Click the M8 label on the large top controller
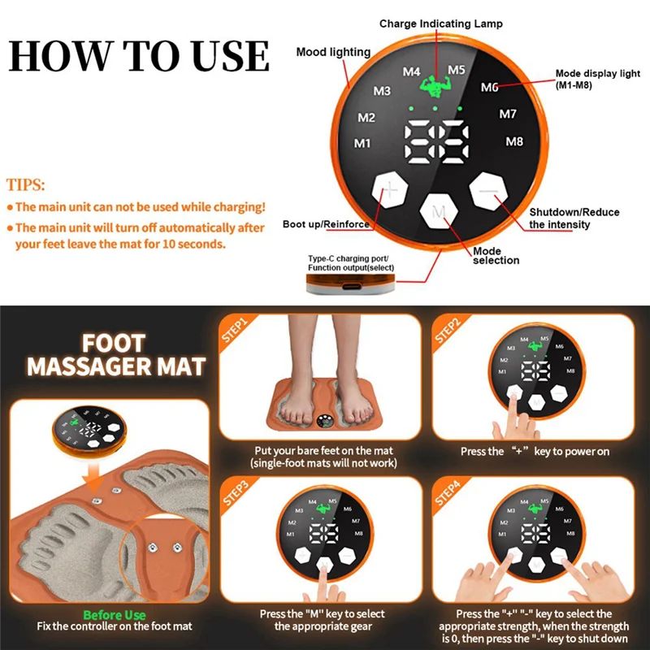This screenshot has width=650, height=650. pos(514,141)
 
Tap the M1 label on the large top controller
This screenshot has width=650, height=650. pos(362,144)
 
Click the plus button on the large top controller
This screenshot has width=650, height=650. pos(391,192)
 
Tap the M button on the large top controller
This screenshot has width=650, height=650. pos(440,213)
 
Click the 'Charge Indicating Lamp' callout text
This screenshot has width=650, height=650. pos(440,24)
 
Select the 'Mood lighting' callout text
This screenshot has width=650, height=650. pos(333,52)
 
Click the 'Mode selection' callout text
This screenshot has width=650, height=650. pos(496,256)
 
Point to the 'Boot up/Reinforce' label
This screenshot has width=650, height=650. pos(326,224)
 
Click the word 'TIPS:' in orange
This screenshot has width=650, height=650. pos(26,184)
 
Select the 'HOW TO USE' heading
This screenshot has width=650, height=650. pos(139,55)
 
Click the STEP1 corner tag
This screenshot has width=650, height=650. pos(234,333)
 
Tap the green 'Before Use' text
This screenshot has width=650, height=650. pos(115,615)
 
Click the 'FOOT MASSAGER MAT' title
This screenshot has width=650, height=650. pos(115,354)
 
